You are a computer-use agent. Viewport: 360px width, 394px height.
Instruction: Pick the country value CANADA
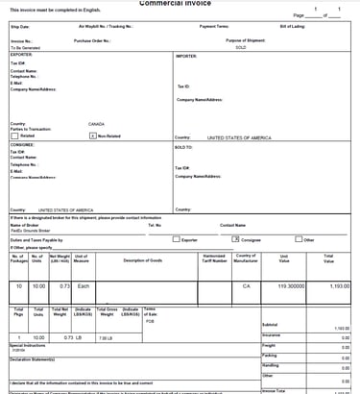coord(96,124)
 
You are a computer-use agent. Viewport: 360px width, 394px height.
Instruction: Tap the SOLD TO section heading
coord(183,147)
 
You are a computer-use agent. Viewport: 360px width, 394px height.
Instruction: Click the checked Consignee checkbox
coord(235,240)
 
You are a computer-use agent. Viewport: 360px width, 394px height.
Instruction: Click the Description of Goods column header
coord(142,260)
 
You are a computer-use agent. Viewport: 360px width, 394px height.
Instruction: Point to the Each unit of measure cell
coord(83,286)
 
